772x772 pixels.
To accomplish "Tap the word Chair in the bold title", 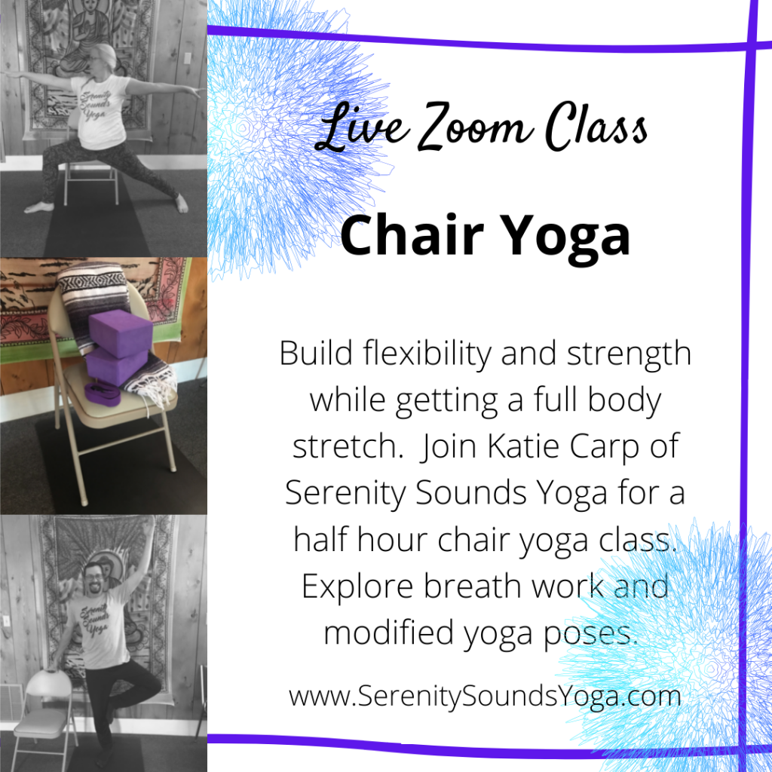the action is tap(412, 235).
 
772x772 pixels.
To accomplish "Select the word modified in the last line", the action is tap(389, 633).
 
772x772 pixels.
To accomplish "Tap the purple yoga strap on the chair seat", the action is tap(103, 394).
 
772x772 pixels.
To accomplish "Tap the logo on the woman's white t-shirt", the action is tap(95, 105).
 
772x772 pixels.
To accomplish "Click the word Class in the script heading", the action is tap(596, 127).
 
